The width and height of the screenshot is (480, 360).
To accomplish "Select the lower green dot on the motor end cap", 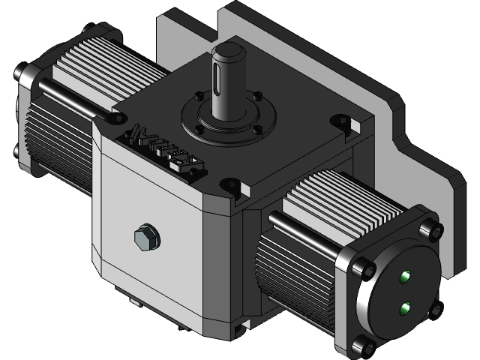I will (x=406, y=307).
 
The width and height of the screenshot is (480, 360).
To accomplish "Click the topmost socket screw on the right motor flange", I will (x=431, y=229).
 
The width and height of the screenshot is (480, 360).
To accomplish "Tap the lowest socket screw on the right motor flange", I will (x=367, y=346).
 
